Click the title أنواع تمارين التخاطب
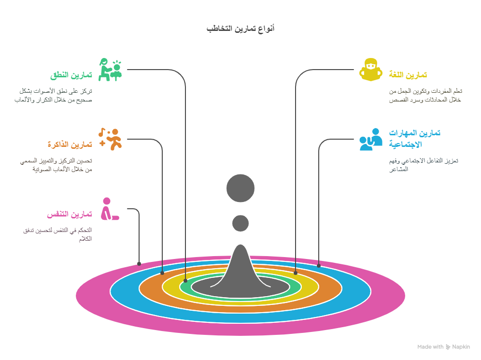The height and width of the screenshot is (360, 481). (240, 29)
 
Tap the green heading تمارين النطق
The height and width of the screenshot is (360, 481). (71, 75)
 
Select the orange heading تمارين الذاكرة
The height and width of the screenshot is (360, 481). (70, 144)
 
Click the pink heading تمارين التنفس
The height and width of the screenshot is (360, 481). (69, 215)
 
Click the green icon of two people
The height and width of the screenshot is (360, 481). (110, 70)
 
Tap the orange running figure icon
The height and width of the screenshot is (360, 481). (111, 139)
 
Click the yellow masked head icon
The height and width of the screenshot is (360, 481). (371, 70)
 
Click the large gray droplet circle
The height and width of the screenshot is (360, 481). (240, 188)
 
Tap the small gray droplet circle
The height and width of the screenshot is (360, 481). (240, 223)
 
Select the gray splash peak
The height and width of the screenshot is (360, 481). (240, 271)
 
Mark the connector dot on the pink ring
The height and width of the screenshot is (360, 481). (139, 264)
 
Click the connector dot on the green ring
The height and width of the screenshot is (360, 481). (185, 280)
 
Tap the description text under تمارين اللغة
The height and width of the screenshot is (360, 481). (425, 95)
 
